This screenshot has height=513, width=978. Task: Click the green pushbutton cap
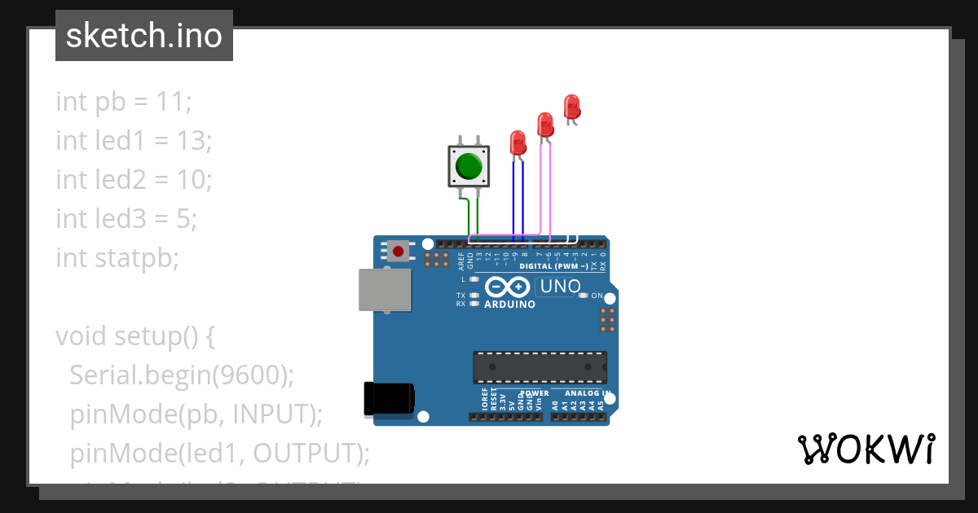click(469, 166)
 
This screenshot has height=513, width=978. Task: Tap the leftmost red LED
click(518, 143)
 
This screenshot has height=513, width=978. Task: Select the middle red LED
click(545, 125)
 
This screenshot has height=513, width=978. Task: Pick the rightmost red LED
click(572, 106)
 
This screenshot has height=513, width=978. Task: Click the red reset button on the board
click(398, 251)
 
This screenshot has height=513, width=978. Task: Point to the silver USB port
click(385, 290)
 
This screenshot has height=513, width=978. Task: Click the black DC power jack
click(389, 398)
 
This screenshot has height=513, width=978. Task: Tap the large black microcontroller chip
click(540, 367)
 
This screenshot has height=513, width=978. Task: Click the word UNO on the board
click(561, 287)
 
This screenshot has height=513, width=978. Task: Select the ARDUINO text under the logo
click(509, 305)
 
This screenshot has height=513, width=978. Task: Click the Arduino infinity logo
click(508, 287)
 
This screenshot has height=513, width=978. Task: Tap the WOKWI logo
click(866, 449)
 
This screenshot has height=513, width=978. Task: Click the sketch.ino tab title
click(144, 36)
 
